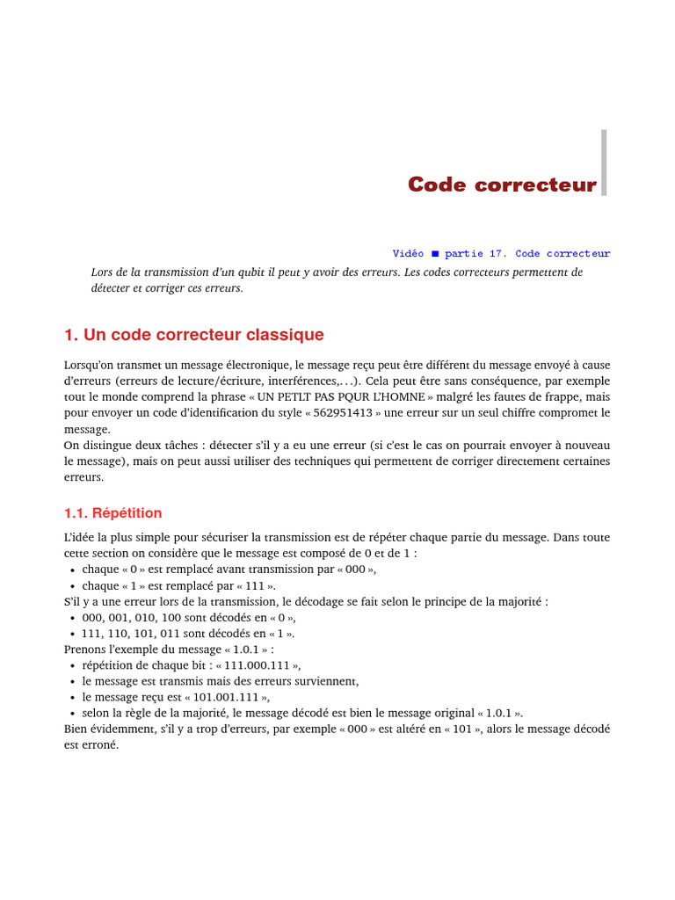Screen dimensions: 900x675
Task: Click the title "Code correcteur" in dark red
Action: coord(502,185)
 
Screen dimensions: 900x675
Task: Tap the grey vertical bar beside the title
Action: coord(604,163)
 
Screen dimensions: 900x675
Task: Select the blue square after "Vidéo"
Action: coord(434,254)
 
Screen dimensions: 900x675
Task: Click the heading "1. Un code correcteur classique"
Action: coord(193,335)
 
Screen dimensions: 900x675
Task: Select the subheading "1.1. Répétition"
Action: coord(112,512)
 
